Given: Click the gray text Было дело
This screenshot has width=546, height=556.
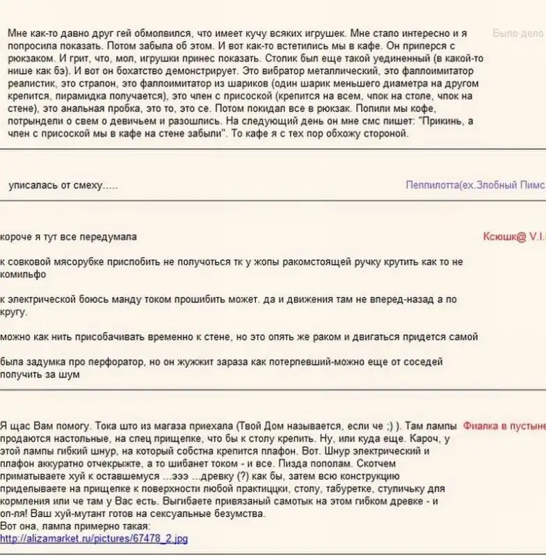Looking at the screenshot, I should click(x=517, y=33).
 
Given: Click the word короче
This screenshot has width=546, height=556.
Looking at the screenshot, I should click(x=17, y=236).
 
